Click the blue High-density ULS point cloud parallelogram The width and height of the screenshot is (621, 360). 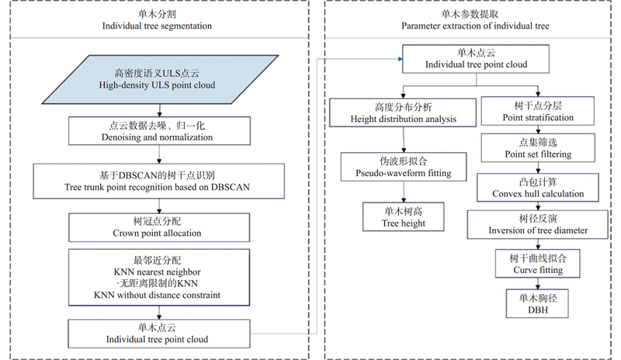click(x=159, y=78)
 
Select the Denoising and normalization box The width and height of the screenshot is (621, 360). click(x=159, y=130)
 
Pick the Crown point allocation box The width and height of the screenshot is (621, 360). click(x=159, y=227)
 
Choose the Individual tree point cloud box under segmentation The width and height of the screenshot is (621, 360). click(x=159, y=333)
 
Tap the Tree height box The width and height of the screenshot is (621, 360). click(x=402, y=216)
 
